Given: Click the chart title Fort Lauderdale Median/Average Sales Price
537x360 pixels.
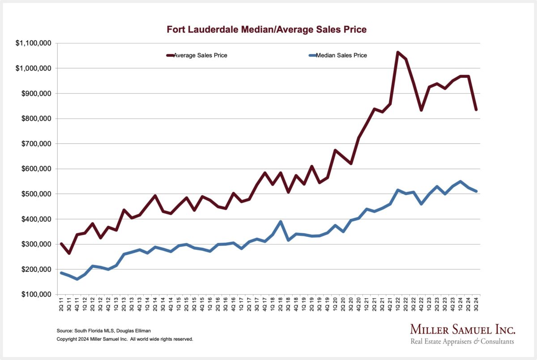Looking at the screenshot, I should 267,30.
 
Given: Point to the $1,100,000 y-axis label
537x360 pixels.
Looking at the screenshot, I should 33,43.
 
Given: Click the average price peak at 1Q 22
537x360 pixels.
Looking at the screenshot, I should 397,52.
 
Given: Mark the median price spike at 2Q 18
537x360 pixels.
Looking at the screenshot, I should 280,222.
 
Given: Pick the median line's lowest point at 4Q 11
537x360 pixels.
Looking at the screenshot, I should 77,279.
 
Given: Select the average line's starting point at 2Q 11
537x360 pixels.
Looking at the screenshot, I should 61,244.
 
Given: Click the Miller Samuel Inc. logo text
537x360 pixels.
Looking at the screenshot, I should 463,330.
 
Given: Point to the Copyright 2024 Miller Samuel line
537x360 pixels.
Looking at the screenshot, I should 125,339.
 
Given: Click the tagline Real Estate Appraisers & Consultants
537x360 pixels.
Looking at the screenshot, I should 463,342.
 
